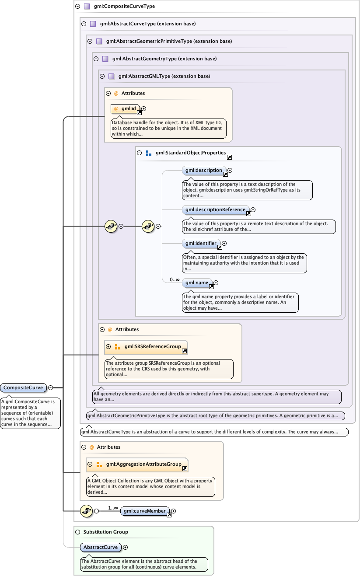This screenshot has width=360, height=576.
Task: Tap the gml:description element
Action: pos(204,170)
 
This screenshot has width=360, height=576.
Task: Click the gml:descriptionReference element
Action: pos(215,209)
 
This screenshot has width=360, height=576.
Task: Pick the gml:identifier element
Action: pos(201,243)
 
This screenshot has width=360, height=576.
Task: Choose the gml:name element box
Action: pos(196,283)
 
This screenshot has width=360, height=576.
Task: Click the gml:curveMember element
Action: pos(144,510)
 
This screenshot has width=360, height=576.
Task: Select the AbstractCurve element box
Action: pos(101,547)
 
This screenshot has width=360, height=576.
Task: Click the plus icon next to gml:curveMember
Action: pos(174,510)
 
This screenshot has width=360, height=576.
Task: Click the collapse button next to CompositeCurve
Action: pos(51,387)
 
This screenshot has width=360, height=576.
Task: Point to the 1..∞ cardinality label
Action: pos(114,508)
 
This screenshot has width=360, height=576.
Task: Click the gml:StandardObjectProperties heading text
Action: pos(190,153)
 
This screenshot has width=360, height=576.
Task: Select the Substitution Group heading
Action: pos(105,532)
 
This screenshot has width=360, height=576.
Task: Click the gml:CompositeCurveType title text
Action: pos(124,7)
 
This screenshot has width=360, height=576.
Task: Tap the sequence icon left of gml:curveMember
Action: pos(87,510)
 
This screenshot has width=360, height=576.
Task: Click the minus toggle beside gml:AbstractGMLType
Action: pos(102,76)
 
